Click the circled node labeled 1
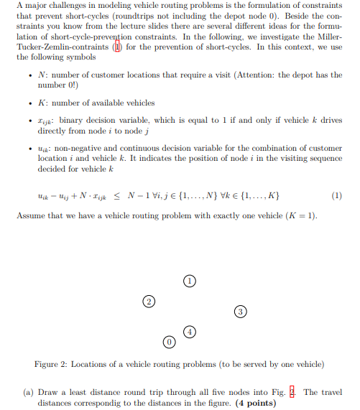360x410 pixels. coord(189,281)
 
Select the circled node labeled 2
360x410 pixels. coord(149,300)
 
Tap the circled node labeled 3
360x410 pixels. coord(241,311)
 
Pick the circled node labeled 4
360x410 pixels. coord(190,331)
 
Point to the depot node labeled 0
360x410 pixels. coord(169,341)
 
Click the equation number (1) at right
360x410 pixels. coord(338,195)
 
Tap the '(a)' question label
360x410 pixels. coord(24,392)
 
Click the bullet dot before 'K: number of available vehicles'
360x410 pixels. coord(27,103)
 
